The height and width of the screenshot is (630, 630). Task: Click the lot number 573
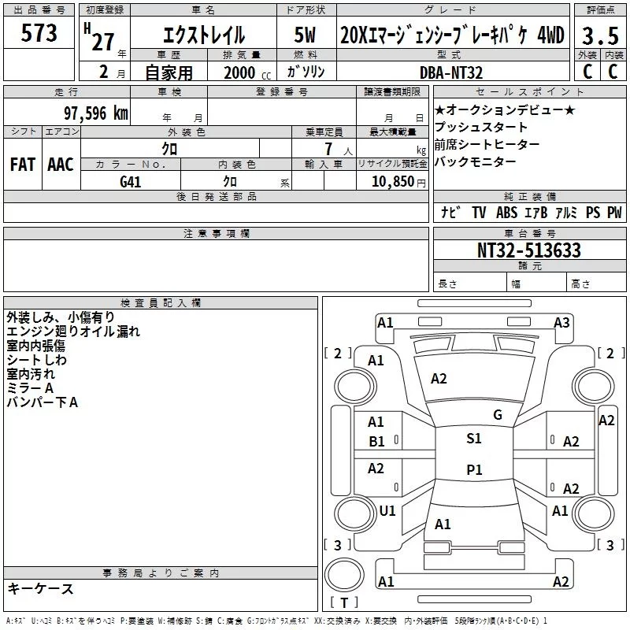[39, 34]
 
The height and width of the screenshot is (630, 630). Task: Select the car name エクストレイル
[202, 35]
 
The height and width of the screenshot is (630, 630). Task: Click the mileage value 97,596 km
[95, 113]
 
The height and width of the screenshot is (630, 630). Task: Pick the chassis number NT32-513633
[529, 250]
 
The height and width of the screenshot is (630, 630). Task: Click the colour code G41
[132, 181]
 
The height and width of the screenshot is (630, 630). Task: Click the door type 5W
[308, 35]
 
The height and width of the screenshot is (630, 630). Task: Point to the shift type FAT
[23, 164]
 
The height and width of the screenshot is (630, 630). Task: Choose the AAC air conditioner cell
[60, 164]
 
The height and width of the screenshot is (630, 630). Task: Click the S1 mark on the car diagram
[474, 439]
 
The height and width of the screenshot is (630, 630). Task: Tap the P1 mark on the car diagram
[474, 469]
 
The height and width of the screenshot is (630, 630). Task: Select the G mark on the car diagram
[497, 415]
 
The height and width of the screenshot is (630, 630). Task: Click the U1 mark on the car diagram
[387, 510]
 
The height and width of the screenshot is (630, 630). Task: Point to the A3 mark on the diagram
[561, 322]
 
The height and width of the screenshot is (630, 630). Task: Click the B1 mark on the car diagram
[376, 442]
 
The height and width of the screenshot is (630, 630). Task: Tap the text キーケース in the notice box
[40, 589]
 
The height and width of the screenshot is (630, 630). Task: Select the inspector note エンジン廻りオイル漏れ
[73, 332]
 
